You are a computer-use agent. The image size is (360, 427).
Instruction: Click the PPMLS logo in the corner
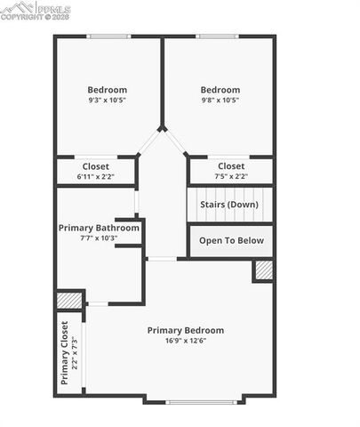(x=36, y=8)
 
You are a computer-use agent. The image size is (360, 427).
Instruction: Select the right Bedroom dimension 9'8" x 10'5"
(x=220, y=100)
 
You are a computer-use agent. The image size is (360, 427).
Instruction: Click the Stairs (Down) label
(x=229, y=205)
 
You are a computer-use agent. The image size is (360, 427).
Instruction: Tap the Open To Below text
(x=230, y=240)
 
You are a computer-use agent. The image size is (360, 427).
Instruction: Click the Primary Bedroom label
(x=186, y=330)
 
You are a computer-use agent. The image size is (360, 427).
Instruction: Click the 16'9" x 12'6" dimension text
(x=186, y=341)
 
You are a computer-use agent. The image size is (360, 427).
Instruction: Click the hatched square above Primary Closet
(x=68, y=302)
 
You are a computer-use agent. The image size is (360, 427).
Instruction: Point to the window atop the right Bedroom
(x=218, y=36)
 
